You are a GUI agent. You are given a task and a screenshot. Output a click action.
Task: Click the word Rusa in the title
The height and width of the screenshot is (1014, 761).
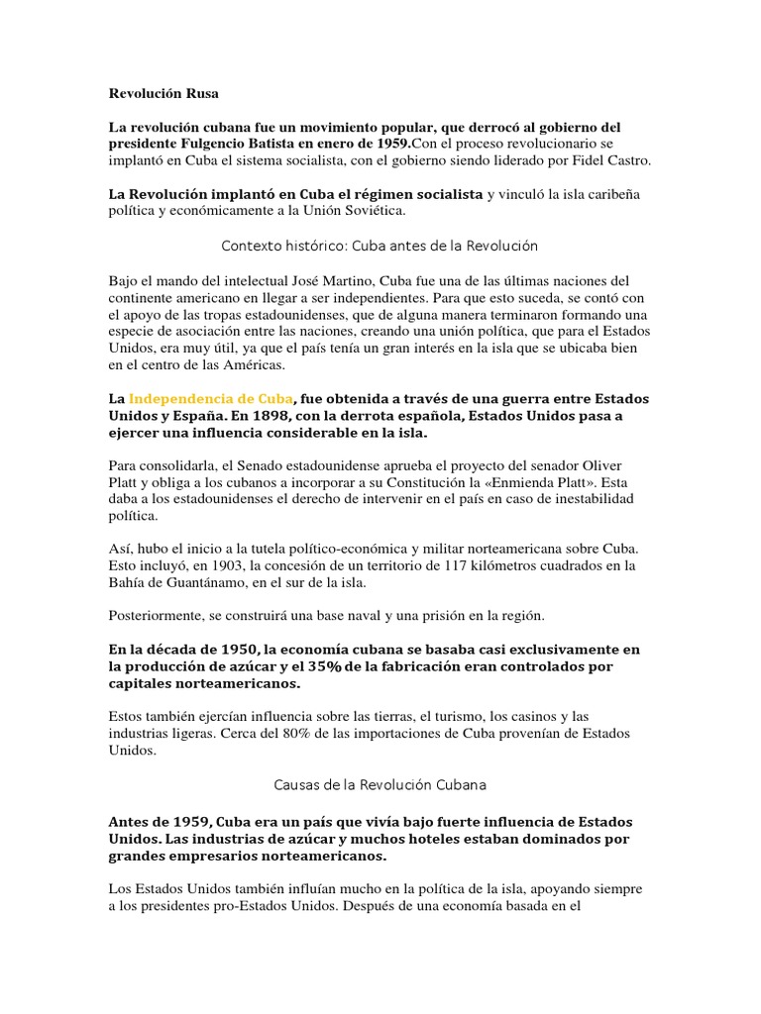tap(197, 94)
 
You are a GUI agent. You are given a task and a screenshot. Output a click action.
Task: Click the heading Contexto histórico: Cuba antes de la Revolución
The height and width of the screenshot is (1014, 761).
tap(380, 245)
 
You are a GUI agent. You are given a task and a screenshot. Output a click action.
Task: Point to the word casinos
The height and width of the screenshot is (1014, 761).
tap(550, 715)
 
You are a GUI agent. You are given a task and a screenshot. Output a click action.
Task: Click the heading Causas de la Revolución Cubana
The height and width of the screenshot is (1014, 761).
tap(380, 785)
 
